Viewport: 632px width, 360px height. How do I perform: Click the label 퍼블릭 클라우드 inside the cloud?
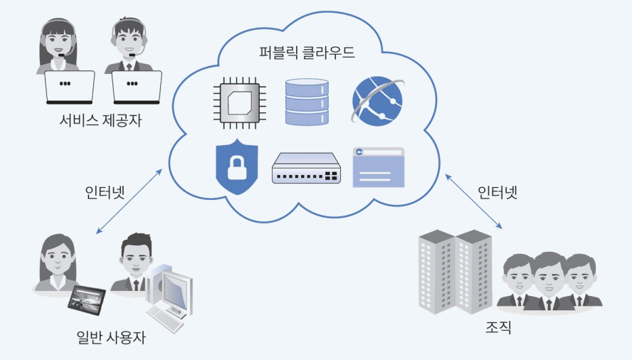(307, 53)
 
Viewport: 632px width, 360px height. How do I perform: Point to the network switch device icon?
(306, 169)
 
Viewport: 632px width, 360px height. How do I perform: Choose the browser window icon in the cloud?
(378, 166)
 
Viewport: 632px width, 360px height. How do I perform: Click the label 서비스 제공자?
(100, 120)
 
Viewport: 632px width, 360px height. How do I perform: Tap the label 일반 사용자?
(110, 337)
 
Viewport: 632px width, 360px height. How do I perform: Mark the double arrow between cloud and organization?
(473, 200)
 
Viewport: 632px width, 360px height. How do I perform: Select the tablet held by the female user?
(86, 300)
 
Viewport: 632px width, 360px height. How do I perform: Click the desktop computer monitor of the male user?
(173, 290)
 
